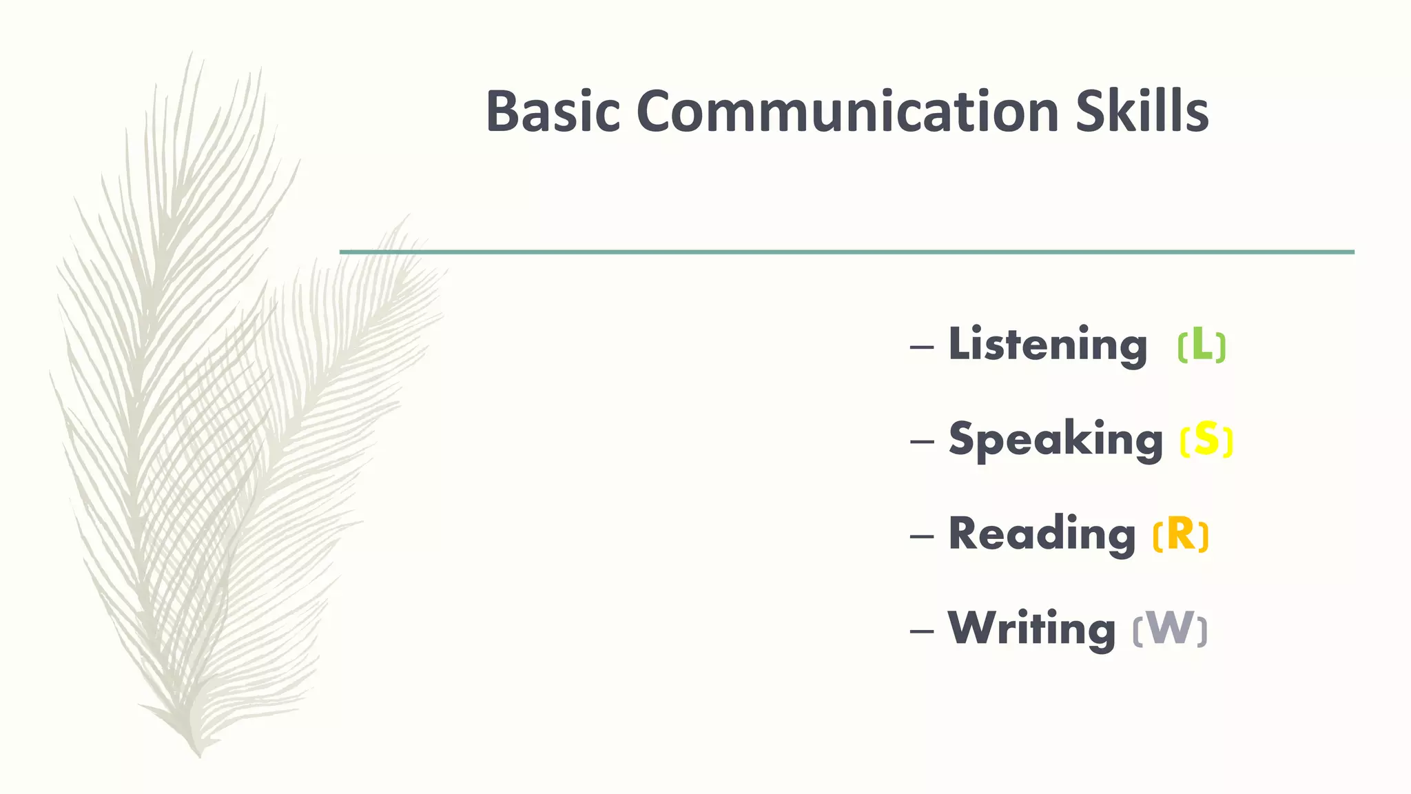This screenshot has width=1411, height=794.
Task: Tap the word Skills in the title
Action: (1142, 112)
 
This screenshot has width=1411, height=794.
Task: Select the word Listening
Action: (1047, 345)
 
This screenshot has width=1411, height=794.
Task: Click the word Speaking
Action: (1055, 440)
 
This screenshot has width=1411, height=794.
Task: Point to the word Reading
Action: (1042, 535)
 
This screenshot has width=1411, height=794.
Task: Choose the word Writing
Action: (1031, 629)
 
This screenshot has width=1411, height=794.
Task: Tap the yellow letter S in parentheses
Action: (1206, 439)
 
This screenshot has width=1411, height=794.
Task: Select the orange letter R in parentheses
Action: (1181, 534)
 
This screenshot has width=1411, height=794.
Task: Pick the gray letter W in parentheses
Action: (1170, 629)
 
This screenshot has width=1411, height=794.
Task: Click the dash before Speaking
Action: (922, 441)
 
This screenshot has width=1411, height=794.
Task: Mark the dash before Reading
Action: (922, 536)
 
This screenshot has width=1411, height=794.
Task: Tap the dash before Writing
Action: (922, 631)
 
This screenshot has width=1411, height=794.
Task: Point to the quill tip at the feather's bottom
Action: (199, 755)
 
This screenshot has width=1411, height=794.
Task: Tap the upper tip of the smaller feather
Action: (406, 216)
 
